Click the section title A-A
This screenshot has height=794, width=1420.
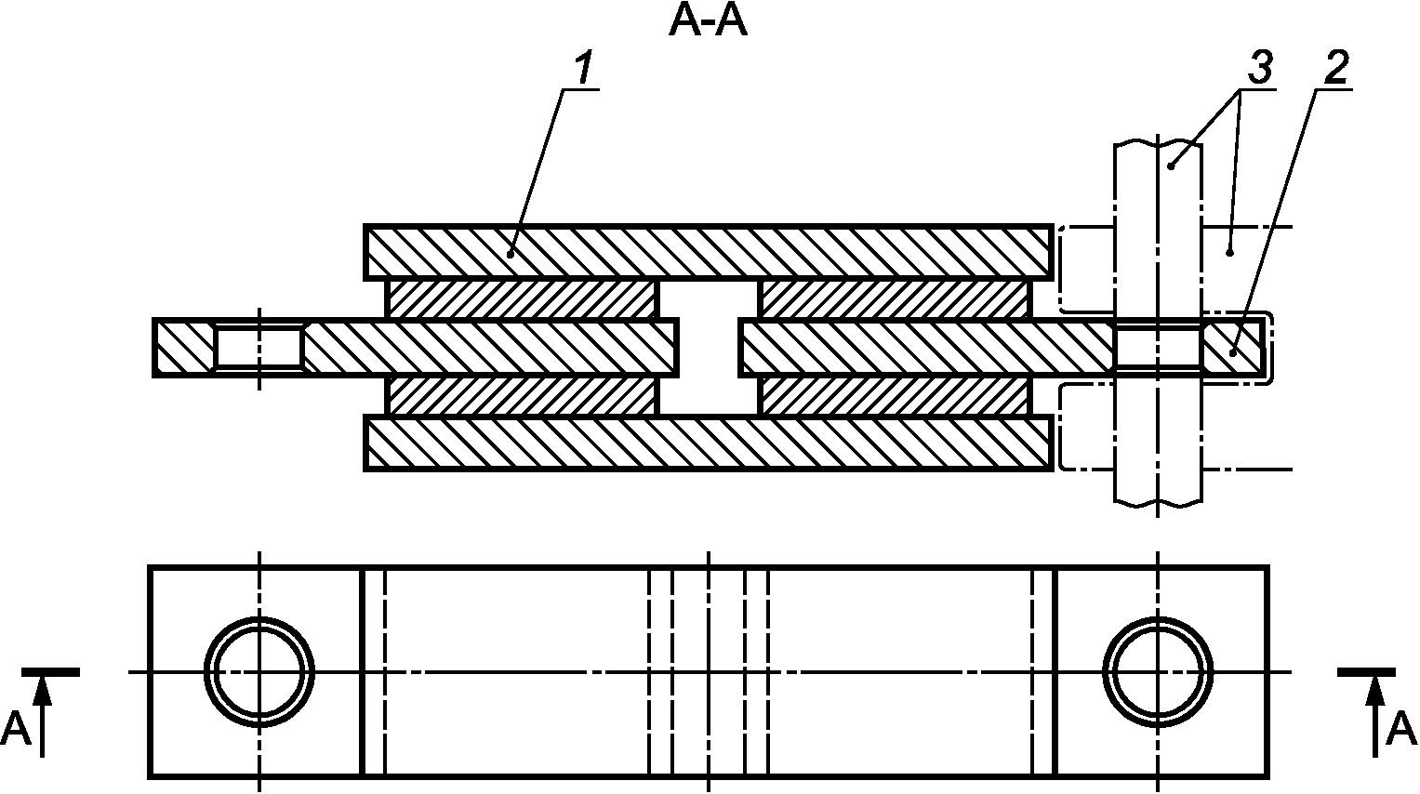click(x=708, y=22)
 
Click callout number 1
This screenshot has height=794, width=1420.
click(x=583, y=69)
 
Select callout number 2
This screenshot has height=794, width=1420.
click(x=1334, y=67)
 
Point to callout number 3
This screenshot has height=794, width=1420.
click(x=1258, y=68)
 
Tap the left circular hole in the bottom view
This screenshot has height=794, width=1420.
click(x=259, y=671)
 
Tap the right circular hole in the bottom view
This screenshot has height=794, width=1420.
click(x=1158, y=671)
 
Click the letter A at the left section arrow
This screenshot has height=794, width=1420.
click(x=16, y=729)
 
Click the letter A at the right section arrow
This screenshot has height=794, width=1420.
click(x=1400, y=729)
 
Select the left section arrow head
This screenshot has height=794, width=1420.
click(x=42, y=690)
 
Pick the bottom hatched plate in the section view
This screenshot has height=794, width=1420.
click(x=707, y=444)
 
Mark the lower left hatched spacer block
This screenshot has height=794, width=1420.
click(x=522, y=397)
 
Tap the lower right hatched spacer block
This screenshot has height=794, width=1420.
click(x=896, y=397)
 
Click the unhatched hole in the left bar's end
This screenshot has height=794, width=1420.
click(x=259, y=348)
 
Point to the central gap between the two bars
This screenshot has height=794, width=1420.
click(x=709, y=348)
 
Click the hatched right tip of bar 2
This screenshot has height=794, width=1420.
click(x=1232, y=348)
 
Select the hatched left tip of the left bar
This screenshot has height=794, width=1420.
click(x=184, y=348)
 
